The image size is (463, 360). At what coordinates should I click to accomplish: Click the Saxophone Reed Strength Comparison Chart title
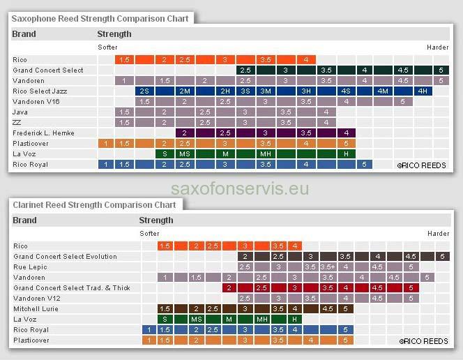pyautogui.click(x=100, y=18)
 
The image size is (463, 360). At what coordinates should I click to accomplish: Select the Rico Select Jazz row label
pyautogui.click(x=39, y=91)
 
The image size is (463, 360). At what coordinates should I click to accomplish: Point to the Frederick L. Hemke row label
pyautogui.click(x=43, y=133)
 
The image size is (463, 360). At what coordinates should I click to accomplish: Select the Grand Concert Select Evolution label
pyautogui.click(x=65, y=256)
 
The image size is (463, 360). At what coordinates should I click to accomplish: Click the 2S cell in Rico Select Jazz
pyautogui.click(x=144, y=91)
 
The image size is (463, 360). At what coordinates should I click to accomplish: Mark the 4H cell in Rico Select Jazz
pyautogui.click(x=423, y=91)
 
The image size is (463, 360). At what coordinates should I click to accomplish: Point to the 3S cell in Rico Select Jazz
pyautogui.click(x=245, y=91)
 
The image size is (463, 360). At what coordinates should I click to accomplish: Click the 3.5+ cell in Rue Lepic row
pyautogui.click(x=328, y=267)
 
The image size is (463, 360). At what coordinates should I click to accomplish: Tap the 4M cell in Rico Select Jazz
pyautogui.click(x=383, y=91)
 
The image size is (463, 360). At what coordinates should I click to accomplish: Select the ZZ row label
pyautogui.click(x=17, y=122)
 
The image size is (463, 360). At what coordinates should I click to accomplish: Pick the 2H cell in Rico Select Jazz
pyautogui.click(x=225, y=91)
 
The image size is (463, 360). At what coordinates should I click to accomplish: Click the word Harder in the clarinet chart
pyautogui.click(x=438, y=234)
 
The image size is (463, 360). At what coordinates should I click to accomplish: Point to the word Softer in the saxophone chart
pyautogui.click(x=108, y=47)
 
